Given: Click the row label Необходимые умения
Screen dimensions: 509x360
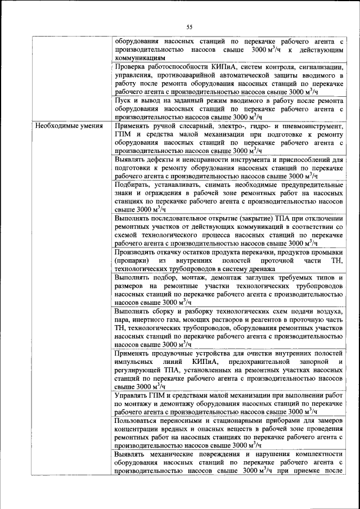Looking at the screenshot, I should pyautogui.click(x=69, y=126).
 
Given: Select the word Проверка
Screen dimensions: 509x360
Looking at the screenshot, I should pyautogui.click(x=131, y=66).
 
